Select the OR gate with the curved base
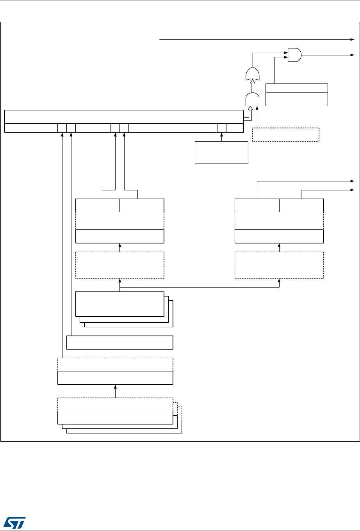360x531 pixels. pos(253,74)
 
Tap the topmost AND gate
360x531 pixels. pos(294,55)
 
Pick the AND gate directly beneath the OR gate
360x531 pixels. pos(253,100)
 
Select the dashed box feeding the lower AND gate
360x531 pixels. pos(286,135)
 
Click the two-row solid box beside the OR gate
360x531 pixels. pos(296,94)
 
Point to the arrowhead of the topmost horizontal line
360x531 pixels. pos(352,39)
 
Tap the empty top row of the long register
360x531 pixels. pos(123,117)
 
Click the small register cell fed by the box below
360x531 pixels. pos(221,128)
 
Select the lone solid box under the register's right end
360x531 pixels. pos(221,152)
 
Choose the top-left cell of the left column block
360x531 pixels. pos(97,205)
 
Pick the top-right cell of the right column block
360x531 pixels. pos(301,205)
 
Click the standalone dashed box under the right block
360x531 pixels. pos(279,265)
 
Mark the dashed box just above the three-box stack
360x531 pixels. pos(119,265)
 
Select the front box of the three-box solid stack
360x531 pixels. pos(119,304)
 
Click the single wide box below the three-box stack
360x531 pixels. pos(119,342)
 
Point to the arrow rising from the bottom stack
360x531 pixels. pos(115,391)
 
